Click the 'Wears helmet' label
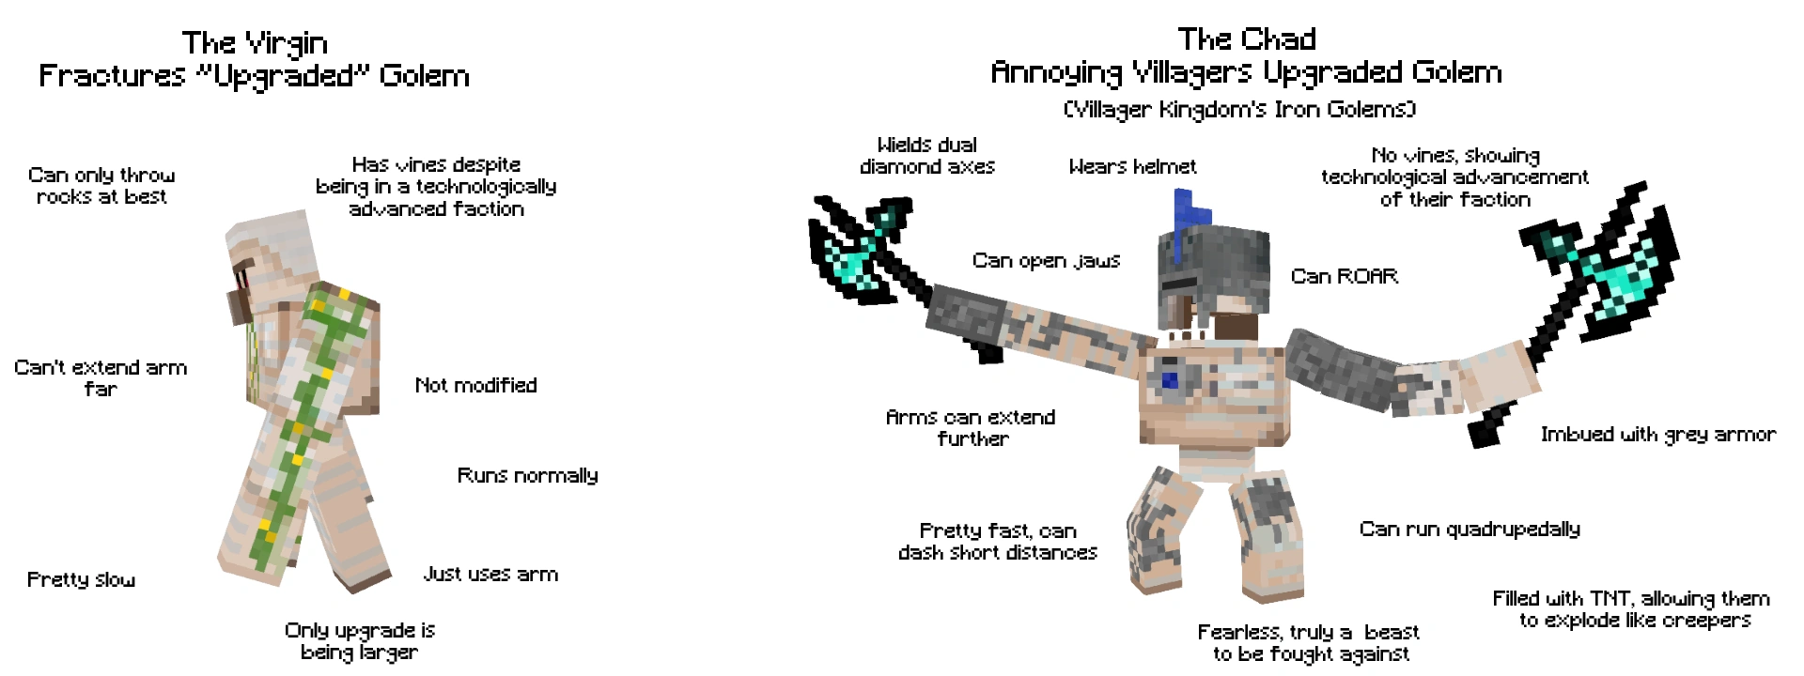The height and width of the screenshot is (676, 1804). pos(1132,167)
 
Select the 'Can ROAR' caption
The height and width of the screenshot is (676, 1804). pos(1344,276)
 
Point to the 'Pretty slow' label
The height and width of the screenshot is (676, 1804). pos(81,579)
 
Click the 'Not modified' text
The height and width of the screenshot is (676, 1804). pos(475,385)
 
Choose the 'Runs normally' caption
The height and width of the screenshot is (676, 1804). pos(527,475)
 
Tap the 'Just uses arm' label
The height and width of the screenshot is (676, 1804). pos(490,574)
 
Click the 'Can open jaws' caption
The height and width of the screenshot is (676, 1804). pos(1046,261)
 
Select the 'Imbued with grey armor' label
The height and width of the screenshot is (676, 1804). pos(1657,434)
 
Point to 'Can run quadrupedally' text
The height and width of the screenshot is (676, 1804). pos(1470,530)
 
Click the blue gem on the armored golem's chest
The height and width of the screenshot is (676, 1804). pos(1169,380)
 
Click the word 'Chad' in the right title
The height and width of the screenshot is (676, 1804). pos(1282,39)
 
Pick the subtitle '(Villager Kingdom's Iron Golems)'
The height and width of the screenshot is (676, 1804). pos(1239,110)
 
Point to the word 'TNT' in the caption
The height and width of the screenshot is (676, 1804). pos(1610,599)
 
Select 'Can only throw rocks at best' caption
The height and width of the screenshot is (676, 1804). pos(101,186)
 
